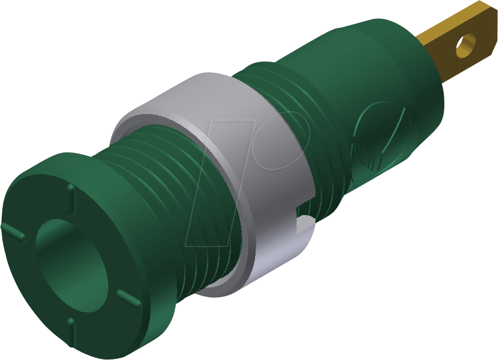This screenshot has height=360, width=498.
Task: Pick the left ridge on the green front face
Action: coord(14,232)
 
